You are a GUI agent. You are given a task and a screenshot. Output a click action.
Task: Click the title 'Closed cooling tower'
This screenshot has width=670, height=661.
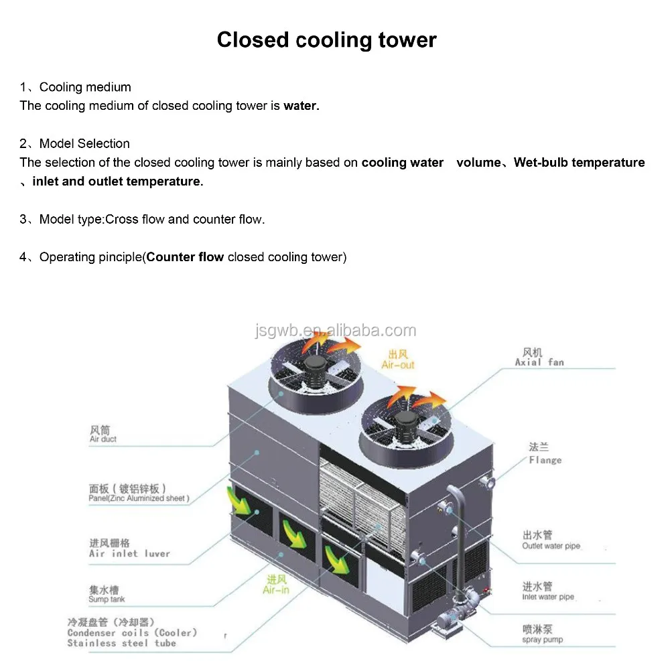coord(326,40)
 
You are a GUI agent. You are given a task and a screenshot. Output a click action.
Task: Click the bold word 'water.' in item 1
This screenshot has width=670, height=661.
coord(301,106)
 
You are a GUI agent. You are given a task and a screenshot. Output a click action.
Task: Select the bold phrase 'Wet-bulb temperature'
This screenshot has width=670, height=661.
coord(579,162)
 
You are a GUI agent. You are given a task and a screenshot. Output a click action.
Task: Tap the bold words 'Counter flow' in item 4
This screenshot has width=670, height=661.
coord(186,257)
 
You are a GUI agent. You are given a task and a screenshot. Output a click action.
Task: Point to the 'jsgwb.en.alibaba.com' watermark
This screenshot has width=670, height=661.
coord(336,330)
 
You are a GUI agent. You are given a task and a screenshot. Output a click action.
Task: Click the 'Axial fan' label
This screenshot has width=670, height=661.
coord(539,362)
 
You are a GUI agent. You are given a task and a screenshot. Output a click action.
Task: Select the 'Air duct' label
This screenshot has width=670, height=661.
coord(103,439)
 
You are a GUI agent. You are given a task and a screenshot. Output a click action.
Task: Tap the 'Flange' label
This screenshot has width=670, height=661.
coord(545,460)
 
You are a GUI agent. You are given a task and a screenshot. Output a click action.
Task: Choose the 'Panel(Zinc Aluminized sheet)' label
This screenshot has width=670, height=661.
coord(139,498)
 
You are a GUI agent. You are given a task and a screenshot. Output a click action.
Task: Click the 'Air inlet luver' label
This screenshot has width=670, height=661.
coord(129,554)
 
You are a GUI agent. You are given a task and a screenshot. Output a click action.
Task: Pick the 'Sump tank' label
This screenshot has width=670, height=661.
coord(107,599)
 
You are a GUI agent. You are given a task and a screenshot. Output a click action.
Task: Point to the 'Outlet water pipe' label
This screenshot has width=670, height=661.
coord(551,546)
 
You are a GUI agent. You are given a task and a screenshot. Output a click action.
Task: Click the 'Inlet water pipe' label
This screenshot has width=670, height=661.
coord(548,597)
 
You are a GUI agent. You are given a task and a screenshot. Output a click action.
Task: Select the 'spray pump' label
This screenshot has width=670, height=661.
coord(542,640)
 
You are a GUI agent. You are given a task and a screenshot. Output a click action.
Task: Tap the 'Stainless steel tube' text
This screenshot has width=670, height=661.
coord(121,643)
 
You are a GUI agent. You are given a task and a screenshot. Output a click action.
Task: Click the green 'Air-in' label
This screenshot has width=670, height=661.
coord(276,589)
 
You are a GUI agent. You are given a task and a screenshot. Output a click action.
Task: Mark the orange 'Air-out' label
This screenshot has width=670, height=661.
coord(398,365)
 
